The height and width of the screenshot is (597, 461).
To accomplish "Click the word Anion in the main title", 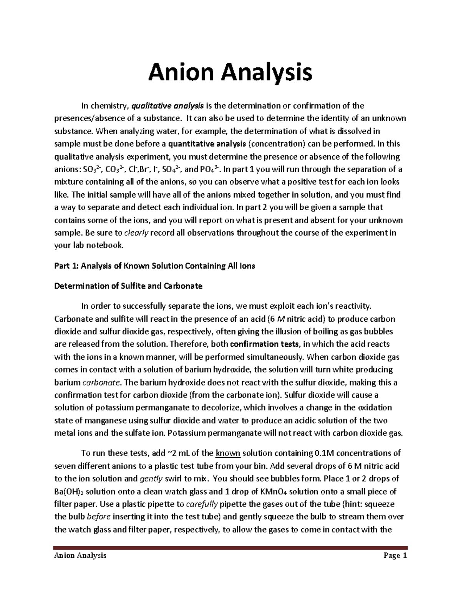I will pyautogui.click(x=180, y=73).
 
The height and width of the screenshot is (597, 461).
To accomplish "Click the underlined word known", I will pyautogui.click(x=228, y=453).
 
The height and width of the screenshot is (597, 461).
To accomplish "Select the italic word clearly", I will pyautogui.click(x=136, y=233).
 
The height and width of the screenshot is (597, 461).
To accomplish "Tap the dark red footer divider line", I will pyautogui.click(x=230, y=547).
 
